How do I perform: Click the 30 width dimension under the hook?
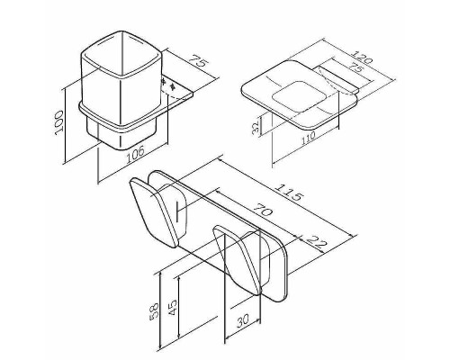(x=243, y=321)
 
